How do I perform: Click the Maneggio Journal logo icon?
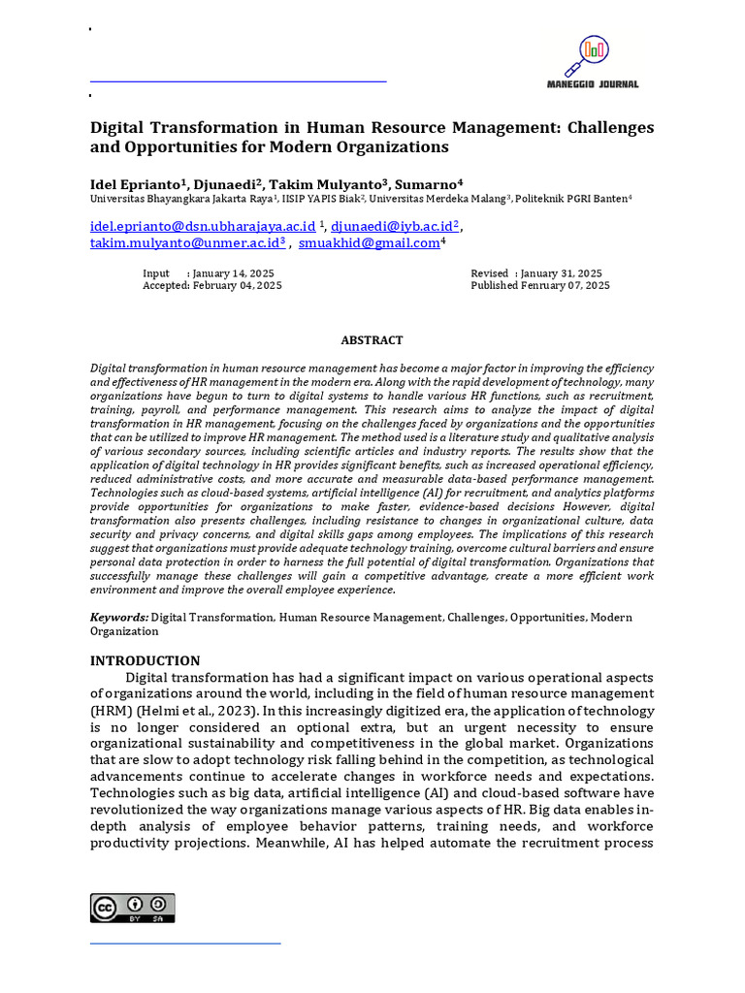tap(594, 54)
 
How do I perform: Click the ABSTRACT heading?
tap(372, 340)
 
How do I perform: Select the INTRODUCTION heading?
tap(146, 660)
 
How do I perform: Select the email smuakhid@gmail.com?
tap(369, 243)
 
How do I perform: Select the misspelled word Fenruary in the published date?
tap(543, 286)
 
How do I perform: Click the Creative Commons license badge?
tap(133, 908)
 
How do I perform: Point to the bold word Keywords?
tap(119, 617)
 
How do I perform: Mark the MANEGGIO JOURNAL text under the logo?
tap(596, 84)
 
